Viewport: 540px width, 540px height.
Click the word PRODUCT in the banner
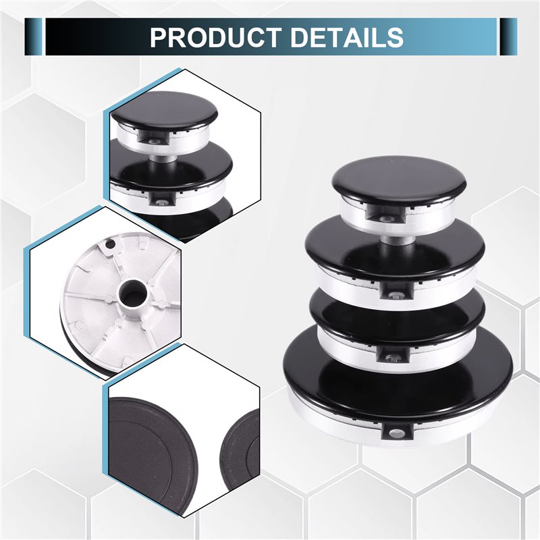click(x=215, y=37)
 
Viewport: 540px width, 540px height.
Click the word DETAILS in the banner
click(x=347, y=37)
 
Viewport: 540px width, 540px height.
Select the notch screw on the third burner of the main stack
click(x=393, y=357)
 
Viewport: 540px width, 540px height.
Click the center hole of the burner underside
click(x=133, y=294)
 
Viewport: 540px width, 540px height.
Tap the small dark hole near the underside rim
click(x=110, y=244)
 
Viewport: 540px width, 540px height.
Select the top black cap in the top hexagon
click(x=165, y=113)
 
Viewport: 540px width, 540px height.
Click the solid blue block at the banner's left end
click(x=33, y=37)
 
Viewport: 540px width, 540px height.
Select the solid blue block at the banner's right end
click(x=509, y=37)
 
